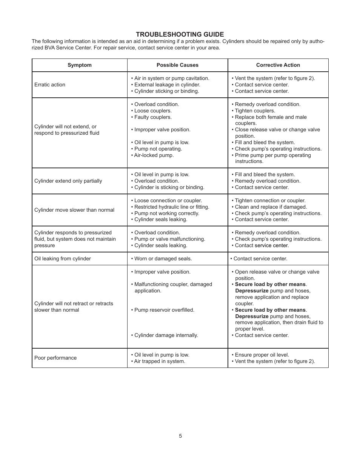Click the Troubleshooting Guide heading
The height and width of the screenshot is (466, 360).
[x=180, y=34]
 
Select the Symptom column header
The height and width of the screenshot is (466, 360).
[x=79, y=65]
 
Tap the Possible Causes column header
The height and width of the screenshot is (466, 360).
[x=177, y=65]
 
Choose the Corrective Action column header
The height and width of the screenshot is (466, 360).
[x=278, y=65]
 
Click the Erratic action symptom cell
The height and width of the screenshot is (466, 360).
[x=50, y=85]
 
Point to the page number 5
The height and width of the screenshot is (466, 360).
[x=180, y=436]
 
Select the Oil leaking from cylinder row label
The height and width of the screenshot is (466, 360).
[x=63, y=258]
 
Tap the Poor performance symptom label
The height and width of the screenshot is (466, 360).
[x=55, y=358]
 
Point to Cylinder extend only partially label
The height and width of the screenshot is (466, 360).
[x=68, y=181]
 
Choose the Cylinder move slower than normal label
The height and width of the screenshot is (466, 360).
[x=74, y=210]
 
